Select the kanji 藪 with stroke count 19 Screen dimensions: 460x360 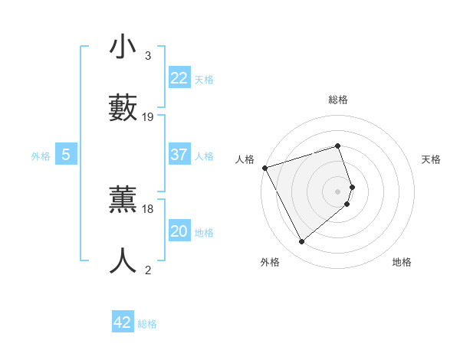(123, 106)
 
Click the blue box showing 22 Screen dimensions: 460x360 (179, 78)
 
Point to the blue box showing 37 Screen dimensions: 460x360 (179, 155)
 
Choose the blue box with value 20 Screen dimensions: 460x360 (179, 231)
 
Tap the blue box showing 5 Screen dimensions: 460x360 (66, 155)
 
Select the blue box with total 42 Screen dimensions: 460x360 (123, 322)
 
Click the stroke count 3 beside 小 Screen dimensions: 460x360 (147, 56)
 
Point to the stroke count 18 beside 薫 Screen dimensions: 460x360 (148, 208)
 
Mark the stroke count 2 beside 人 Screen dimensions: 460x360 (147, 270)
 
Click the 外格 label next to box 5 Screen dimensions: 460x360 (41, 156)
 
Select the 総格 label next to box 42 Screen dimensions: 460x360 (147, 324)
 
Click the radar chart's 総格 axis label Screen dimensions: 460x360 (338, 100)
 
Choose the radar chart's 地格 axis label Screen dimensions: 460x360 (402, 262)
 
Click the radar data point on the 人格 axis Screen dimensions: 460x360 (264, 168)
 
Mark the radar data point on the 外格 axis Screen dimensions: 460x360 (301, 242)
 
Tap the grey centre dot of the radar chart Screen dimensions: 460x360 (338, 190)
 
